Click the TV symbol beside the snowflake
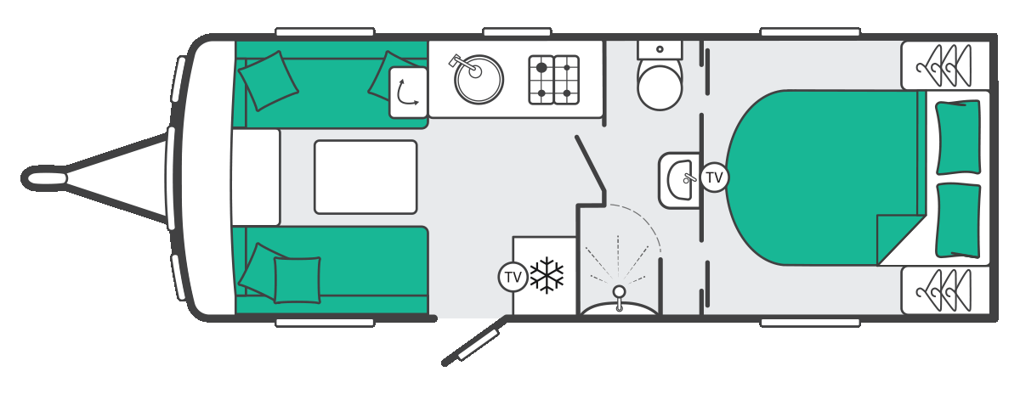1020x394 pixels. coord(513,277)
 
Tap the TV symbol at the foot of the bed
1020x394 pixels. coord(714,177)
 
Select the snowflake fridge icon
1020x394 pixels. coord(547,275)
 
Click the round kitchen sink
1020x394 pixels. coord(479,80)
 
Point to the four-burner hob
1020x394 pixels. coord(553,80)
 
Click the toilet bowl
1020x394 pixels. coord(660,87)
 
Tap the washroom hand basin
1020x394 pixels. coord(679,180)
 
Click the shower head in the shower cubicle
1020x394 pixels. coord(619,291)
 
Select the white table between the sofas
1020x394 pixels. coord(365,177)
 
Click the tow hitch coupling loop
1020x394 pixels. coord(44,177)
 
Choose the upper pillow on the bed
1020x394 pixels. coord(958,137)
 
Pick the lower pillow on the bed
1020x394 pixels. coord(958,221)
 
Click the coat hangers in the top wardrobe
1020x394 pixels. coord(943,66)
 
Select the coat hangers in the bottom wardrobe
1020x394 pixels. coord(943,290)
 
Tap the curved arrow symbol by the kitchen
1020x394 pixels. coord(406,93)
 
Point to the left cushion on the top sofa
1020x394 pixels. coord(269,81)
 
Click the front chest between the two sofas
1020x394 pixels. coord(255,177)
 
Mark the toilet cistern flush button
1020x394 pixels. coord(660,49)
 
